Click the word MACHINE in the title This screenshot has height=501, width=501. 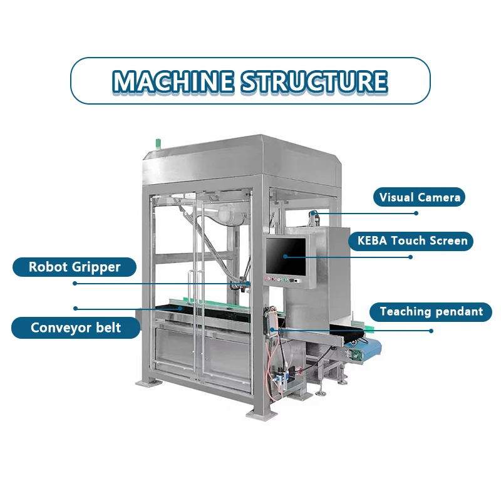point(173,81)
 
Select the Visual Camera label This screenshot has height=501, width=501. point(420,198)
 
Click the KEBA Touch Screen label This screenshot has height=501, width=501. point(412,240)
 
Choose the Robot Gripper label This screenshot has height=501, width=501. point(75,267)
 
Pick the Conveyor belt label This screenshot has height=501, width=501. point(76,327)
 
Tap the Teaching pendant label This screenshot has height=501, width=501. point(431,311)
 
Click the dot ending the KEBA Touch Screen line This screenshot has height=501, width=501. point(410,256)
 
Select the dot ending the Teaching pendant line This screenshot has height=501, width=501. point(431,330)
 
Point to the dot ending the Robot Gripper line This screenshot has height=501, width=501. point(75,283)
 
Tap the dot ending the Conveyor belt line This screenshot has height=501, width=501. point(75,308)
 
